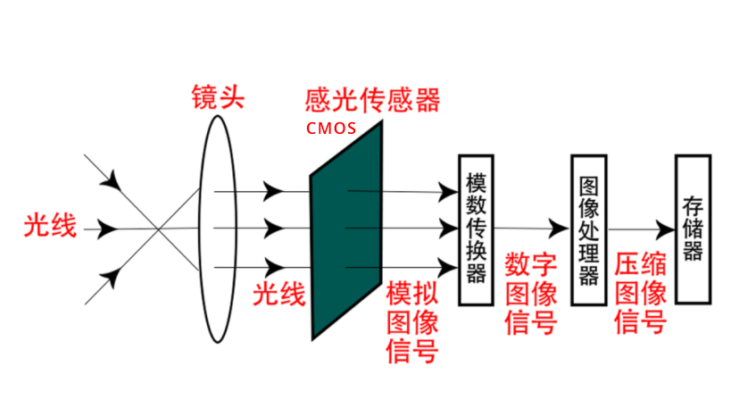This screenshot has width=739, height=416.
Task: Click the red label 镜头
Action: (x=218, y=97)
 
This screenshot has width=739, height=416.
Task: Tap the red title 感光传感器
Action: (x=372, y=100)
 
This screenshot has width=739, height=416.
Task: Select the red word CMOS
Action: (x=331, y=129)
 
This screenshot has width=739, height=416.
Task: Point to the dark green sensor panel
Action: (x=346, y=229)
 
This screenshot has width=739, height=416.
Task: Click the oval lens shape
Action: (x=201, y=229)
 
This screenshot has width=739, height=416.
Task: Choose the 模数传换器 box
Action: (x=476, y=229)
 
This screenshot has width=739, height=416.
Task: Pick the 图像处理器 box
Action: (x=589, y=229)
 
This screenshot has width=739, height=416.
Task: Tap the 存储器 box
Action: (x=693, y=229)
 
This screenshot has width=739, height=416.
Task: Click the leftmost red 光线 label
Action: (x=50, y=226)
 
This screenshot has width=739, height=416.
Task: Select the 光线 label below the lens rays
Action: (x=279, y=294)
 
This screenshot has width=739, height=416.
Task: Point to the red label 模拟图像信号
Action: (x=412, y=322)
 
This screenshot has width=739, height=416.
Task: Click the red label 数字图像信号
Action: (x=531, y=294)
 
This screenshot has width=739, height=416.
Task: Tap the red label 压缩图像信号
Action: (x=641, y=294)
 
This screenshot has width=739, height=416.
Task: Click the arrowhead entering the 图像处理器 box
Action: (x=560, y=229)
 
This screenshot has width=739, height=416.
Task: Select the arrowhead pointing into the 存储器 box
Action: (x=666, y=229)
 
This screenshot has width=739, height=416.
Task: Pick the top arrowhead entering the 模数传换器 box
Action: (x=448, y=192)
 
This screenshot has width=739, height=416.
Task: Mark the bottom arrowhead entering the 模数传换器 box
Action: (x=448, y=268)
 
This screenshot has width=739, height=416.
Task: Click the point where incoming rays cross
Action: (x=158, y=229)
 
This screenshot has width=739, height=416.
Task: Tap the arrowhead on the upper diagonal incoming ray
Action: (x=112, y=180)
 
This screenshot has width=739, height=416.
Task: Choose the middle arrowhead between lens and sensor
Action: (x=273, y=229)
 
